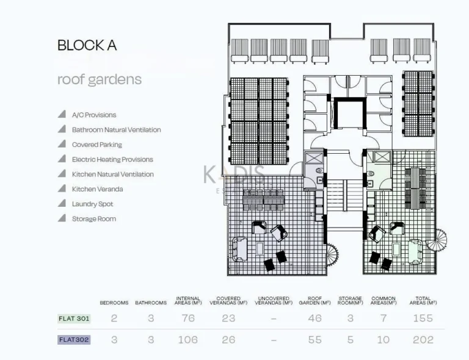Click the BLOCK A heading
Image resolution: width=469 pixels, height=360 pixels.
(87, 45)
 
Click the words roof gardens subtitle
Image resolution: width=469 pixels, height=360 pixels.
(100, 79)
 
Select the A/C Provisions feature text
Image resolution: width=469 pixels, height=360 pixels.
(93, 115)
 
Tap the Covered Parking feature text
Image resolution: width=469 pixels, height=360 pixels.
(96, 145)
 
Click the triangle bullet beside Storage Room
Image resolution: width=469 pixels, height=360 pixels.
(62, 218)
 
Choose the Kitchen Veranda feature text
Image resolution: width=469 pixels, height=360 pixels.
(97, 189)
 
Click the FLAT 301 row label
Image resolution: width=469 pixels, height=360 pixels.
(74, 318)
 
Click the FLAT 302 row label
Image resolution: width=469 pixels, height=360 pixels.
(74, 340)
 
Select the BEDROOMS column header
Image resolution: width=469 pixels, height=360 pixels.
(114, 303)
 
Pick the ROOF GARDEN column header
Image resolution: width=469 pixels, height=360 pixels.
(314, 301)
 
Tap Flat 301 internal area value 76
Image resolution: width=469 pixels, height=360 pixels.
(188, 318)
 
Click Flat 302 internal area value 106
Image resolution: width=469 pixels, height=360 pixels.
(187, 340)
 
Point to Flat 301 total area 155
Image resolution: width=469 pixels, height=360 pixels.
(423, 318)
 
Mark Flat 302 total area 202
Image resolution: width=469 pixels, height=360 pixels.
(423, 340)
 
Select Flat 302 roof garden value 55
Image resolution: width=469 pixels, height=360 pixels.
(314, 340)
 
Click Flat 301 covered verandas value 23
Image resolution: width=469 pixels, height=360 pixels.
(228, 318)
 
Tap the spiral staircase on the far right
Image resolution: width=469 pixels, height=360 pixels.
(437, 240)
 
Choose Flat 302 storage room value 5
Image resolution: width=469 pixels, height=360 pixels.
(350, 340)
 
